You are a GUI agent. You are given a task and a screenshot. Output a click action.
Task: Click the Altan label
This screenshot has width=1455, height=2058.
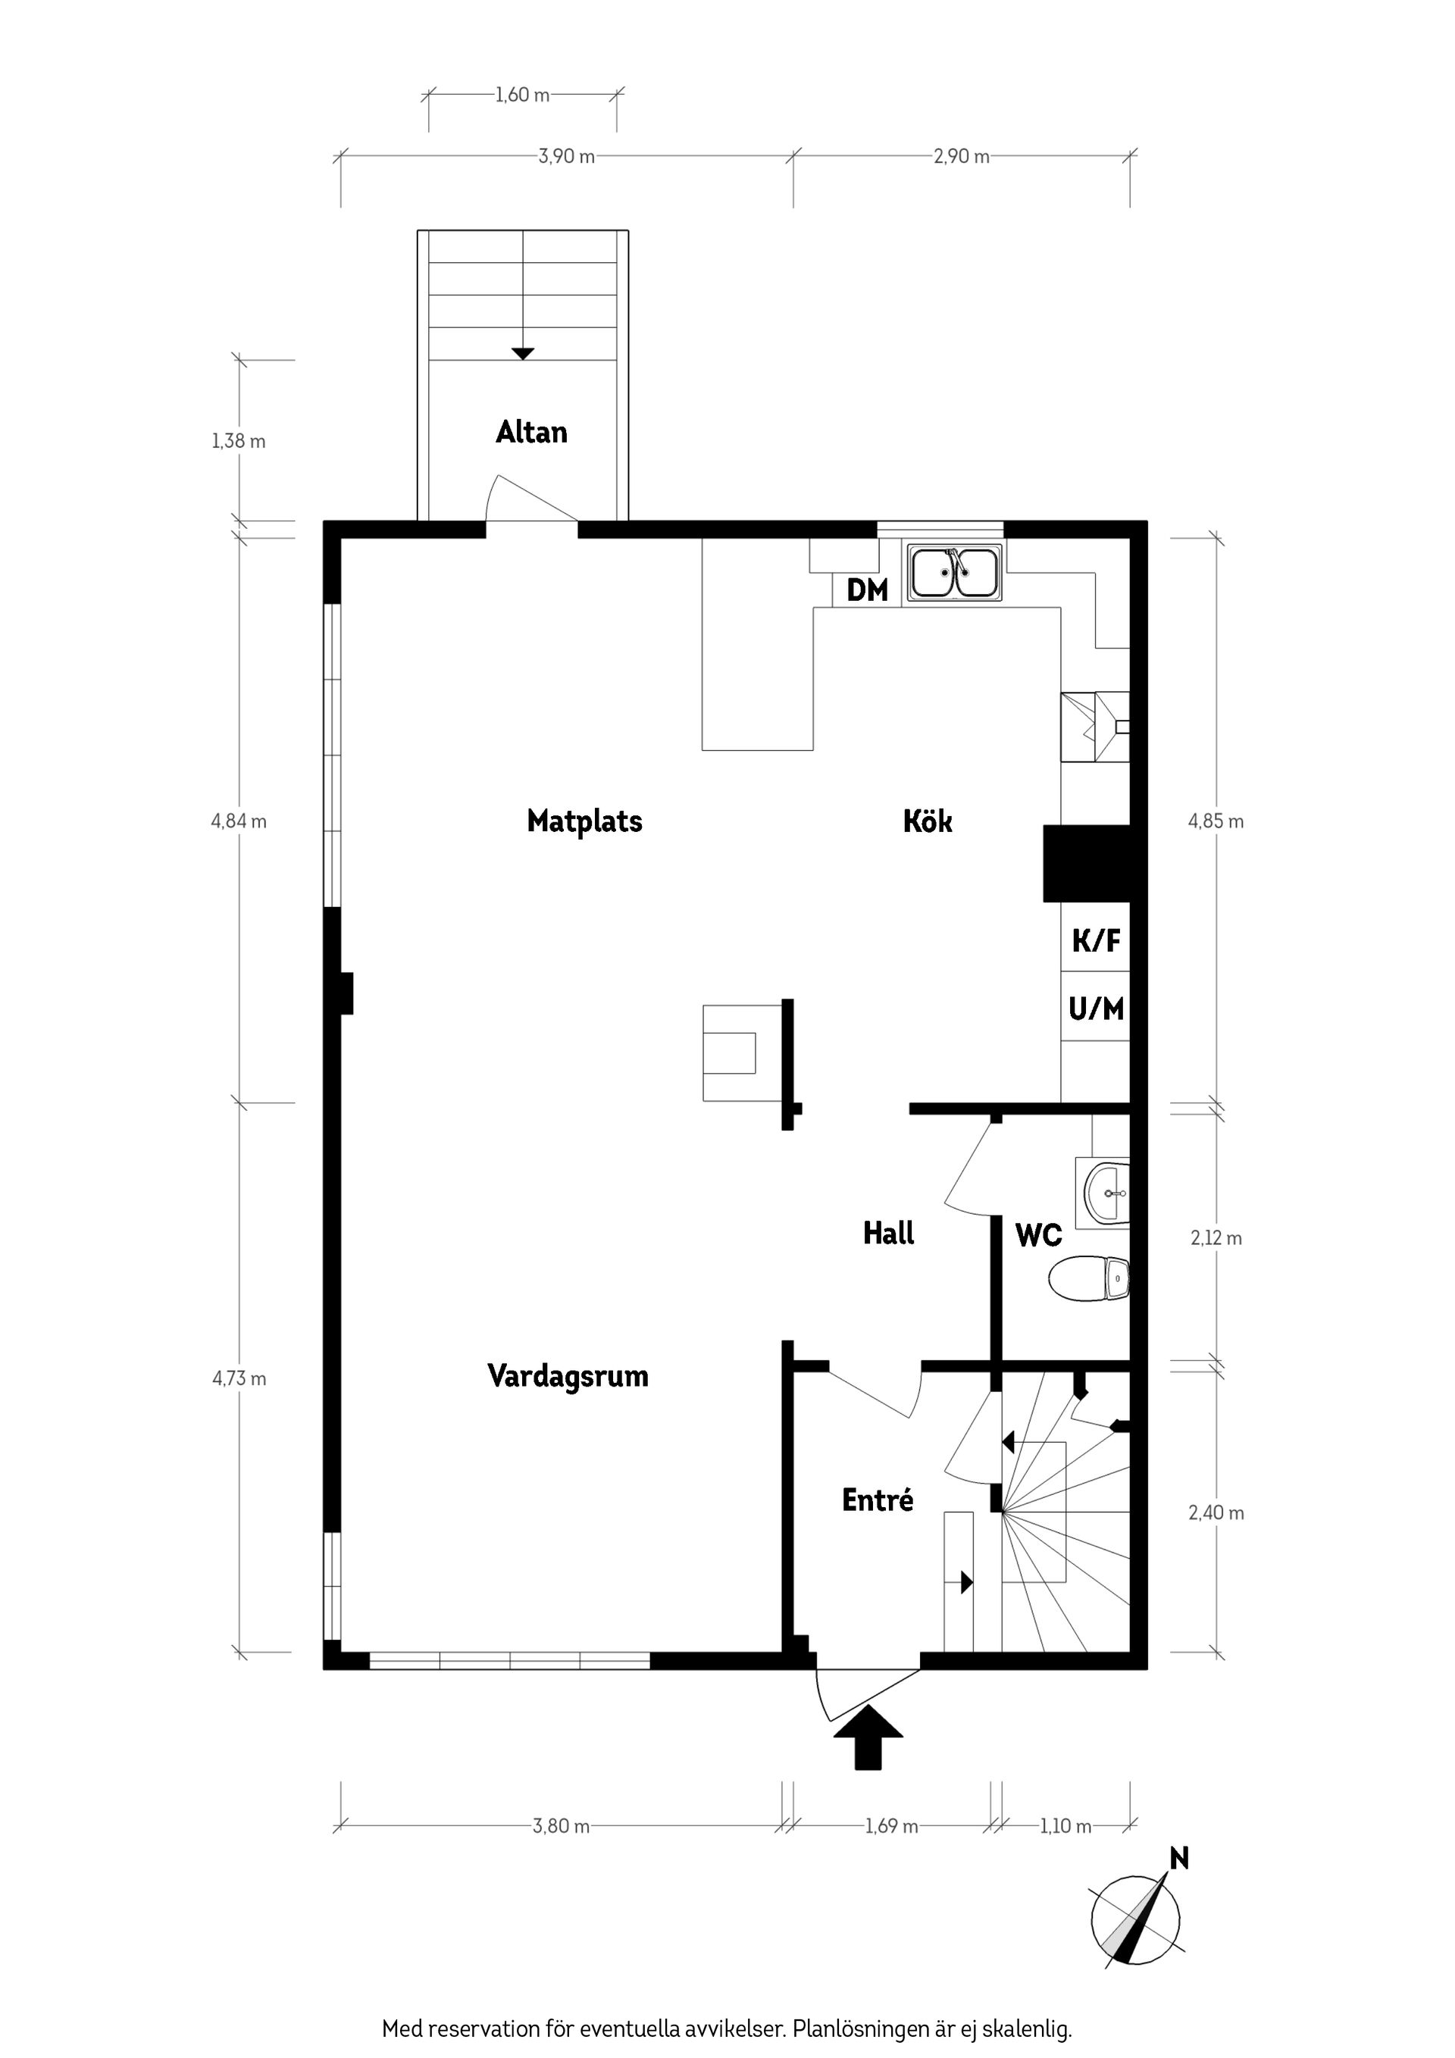[x=532, y=432]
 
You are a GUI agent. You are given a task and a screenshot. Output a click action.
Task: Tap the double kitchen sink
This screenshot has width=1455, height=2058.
[x=955, y=573]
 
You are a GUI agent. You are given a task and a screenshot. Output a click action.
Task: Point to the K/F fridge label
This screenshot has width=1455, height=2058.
[x=1097, y=940]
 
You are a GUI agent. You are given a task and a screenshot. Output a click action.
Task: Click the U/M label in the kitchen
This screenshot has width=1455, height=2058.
[x=1096, y=1009]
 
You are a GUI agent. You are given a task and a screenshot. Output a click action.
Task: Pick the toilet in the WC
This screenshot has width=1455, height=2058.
[x=1088, y=1278]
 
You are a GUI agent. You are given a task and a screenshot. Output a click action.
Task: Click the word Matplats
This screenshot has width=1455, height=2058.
[x=584, y=821]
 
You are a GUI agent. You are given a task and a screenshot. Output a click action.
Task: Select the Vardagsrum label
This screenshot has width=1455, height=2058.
[x=568, y=1376]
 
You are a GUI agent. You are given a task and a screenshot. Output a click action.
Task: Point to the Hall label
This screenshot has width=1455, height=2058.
[x=888, y=1234]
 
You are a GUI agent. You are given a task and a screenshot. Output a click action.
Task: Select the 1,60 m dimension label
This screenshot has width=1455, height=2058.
[x=522, y=94]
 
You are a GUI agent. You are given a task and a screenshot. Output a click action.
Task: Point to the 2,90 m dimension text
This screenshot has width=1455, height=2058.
[x=961, y=156]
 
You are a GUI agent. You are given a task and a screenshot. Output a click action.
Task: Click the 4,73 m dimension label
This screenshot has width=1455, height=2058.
[x=239, y=1378]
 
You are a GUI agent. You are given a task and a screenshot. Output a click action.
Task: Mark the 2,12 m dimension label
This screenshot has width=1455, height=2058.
[x=1216, y=1238]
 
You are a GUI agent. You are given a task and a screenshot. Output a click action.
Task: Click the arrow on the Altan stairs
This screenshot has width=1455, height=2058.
[x=523, y=353]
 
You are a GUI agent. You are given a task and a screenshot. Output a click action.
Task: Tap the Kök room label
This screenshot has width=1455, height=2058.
[x=928, y=821]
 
